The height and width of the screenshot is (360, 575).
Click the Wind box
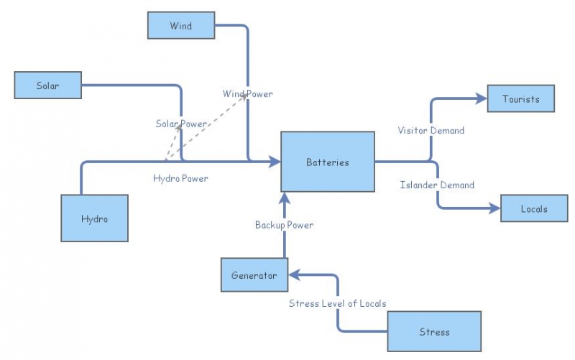pos(180,26)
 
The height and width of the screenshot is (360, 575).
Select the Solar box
pos(48,86)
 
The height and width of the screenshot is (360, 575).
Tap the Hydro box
pos(94,218)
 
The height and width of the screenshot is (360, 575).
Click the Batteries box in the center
pos(327,162)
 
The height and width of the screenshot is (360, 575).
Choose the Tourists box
pos(521,98)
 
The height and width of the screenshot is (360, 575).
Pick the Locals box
pos(534,208)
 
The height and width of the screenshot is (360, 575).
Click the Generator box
pos(254,275)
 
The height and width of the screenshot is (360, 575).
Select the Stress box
pos(433,331)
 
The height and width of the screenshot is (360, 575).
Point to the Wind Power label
pos(247,94)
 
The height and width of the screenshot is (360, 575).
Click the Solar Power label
pos(181,124)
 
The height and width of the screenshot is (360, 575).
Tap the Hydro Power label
pos(180,178)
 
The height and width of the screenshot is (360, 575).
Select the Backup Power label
pos(284,225)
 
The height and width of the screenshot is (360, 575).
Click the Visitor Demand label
pos(431,131)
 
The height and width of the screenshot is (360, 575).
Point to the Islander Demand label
pos(436,185)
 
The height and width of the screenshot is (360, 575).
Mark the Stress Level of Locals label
pos(333,303)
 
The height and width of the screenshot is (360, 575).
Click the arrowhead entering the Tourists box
pos(482,98)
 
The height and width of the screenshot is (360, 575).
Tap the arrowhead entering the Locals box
pos(495,208)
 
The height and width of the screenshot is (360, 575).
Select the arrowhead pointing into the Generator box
pos(293,275)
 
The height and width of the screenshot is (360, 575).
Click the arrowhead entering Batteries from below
pos(284,198)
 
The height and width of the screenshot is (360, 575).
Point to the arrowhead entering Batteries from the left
pos(275,162)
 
